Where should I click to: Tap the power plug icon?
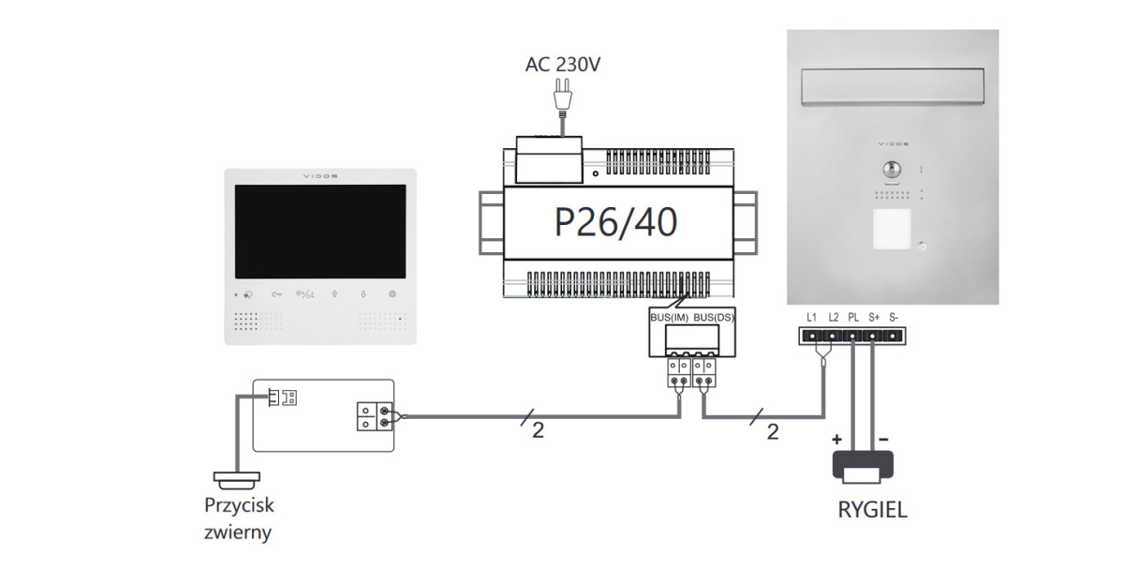point(562,95)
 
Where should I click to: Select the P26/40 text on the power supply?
point(615,222)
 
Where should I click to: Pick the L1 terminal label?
point(812,318)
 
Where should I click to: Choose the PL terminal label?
point(852,318)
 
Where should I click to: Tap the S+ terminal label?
point(873,318)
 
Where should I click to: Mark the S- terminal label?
point(894,318)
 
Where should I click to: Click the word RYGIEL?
point(872,512)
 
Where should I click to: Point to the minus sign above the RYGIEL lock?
point(883,439)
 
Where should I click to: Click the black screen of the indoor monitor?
point(319,232)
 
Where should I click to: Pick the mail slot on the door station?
point(891,89)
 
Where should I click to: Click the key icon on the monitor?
point(276,293)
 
